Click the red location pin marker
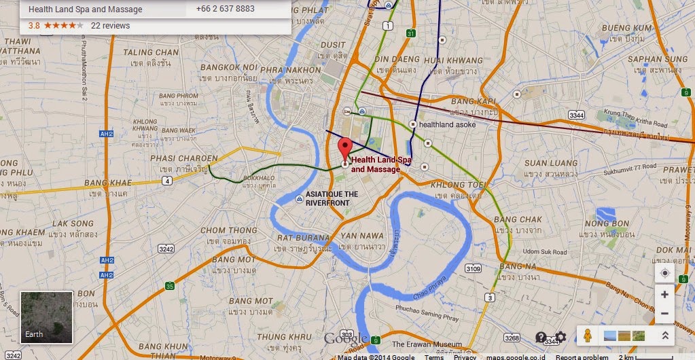coord(344,147)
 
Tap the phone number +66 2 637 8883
coord(225,10)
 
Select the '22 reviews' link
coord(110,26)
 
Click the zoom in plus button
coord(664,294)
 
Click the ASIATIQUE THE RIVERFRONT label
coord(332,198)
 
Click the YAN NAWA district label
coord(358,235)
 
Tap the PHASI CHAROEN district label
coord(174,158)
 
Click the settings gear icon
coord(560,337)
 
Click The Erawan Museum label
coord(427,344)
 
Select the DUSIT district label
coord(333,45)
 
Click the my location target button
coord(664,273)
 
